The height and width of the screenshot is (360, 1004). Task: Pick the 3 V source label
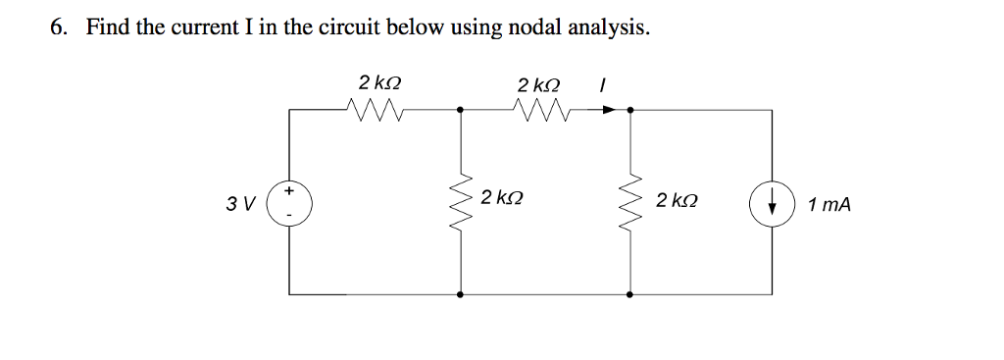click(x=238, y=205)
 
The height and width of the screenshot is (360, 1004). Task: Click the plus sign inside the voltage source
click(x=290, y=192)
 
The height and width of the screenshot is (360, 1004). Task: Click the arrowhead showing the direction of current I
click(x=610, y=111)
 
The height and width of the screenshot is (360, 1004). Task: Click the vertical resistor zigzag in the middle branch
click(x=462, y=202)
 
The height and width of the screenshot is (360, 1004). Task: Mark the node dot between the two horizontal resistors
click(x=462, y=111)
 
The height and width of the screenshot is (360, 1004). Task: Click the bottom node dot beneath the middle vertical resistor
click(x=462, y=293)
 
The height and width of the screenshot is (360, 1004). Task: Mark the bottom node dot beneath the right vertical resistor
click(x=629, y=293)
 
